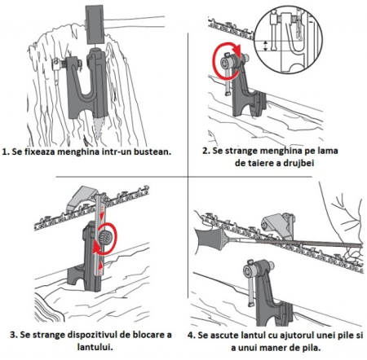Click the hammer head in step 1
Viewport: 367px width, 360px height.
point(95,24)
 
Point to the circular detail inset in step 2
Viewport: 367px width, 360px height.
point(290,39)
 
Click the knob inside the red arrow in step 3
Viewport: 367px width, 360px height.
point(105,238)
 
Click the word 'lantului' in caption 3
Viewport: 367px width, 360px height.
point(95,347)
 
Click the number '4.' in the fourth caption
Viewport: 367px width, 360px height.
point(192,336)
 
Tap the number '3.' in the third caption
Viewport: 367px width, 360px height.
point(14,335)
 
